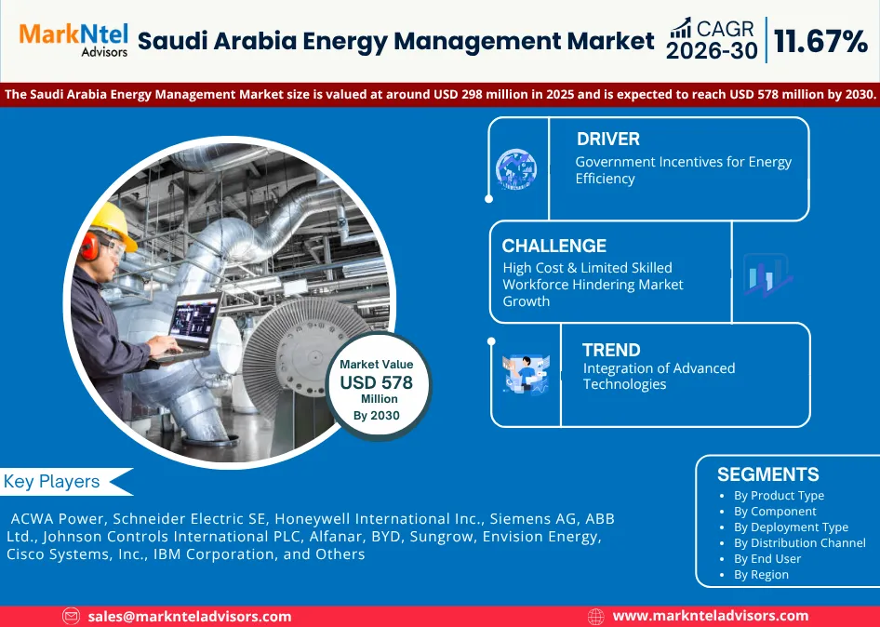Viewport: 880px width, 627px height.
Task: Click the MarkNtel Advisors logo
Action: [x=73, y=39]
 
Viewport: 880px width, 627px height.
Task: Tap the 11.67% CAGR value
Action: [x=820, y=41]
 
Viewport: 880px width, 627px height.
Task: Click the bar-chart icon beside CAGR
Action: [x=681, y=28]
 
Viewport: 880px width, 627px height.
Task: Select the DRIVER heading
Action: [x=607, y=139]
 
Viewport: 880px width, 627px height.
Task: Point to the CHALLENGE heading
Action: [x=553, y=246]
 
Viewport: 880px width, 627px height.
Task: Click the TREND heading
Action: [x=611, y=350]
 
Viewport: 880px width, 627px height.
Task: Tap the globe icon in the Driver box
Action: [x=515, y=168]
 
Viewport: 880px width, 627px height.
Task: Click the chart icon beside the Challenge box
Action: [x=767, y=275]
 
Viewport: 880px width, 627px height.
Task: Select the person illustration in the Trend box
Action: [x=527, y=374]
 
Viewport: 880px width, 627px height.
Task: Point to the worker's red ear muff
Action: [x=89, y=246]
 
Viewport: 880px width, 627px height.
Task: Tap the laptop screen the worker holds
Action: [x=194, y=320]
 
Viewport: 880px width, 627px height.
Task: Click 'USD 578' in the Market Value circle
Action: [x=376, y=382]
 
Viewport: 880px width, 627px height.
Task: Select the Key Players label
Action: [x=52, y=482]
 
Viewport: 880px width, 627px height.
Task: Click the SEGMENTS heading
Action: [x=767, y=474]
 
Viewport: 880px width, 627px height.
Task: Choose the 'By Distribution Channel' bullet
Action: [x=800, y=542]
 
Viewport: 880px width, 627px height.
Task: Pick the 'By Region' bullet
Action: [x=761, y=575]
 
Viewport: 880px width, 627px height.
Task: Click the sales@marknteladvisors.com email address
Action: [x=189, y=617]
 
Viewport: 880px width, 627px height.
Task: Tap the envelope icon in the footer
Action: [x=72, y=617]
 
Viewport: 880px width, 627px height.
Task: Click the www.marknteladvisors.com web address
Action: [x=710, y=616]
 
